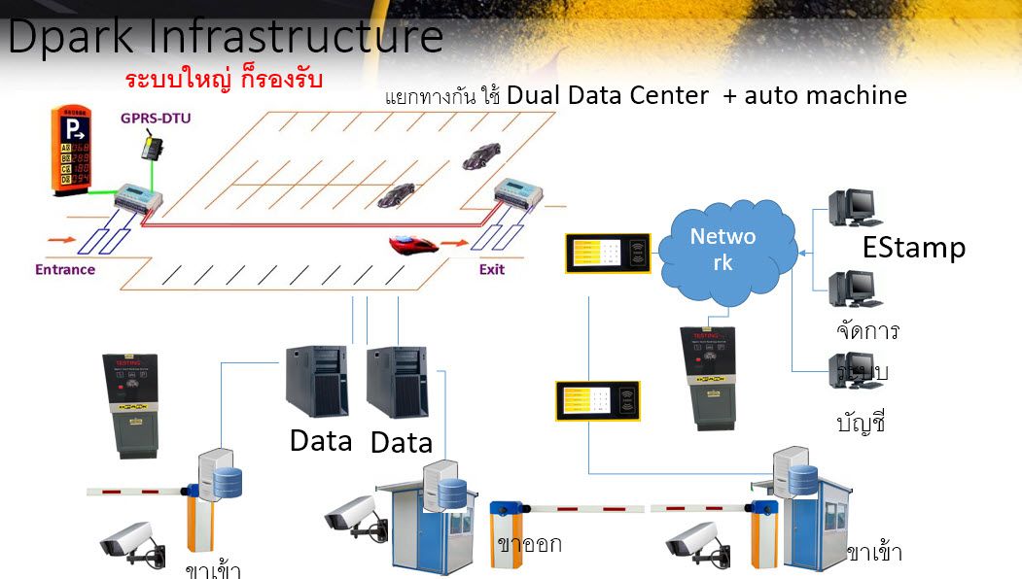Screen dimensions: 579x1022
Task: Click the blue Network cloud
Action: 725,249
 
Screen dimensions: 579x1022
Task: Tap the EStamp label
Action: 913,249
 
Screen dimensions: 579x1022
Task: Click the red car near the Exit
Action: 413,244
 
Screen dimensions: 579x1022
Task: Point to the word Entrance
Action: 65,269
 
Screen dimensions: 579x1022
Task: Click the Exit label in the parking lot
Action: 492,269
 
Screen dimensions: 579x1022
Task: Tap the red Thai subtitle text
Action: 224,78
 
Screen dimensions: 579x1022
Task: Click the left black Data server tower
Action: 317,381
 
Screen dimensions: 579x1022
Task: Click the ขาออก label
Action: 529,544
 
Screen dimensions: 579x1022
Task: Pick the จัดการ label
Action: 866,331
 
